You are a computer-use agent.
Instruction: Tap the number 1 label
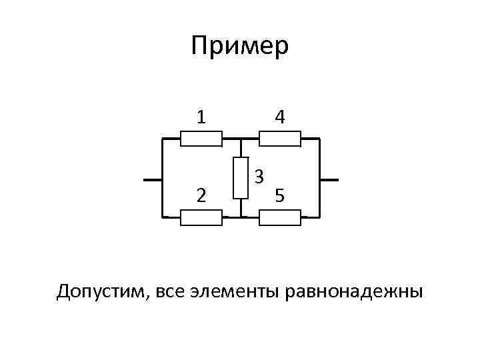coord(201,117)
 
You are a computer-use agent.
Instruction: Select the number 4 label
coord(280,117)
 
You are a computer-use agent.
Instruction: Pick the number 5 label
coord(281,196)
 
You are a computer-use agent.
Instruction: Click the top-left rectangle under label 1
coord(201,139)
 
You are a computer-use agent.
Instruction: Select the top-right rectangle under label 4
coord(280,139)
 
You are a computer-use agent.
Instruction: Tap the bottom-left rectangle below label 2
coord(201,217)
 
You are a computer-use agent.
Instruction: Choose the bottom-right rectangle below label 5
coord(280,217)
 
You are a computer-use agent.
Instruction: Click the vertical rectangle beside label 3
coord(241,178)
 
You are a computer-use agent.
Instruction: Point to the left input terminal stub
coord(153,180)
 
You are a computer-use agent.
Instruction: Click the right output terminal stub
coord(329,180)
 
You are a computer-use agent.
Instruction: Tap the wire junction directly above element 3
coord(241,139)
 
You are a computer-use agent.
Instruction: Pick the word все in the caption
coord(173,292)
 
